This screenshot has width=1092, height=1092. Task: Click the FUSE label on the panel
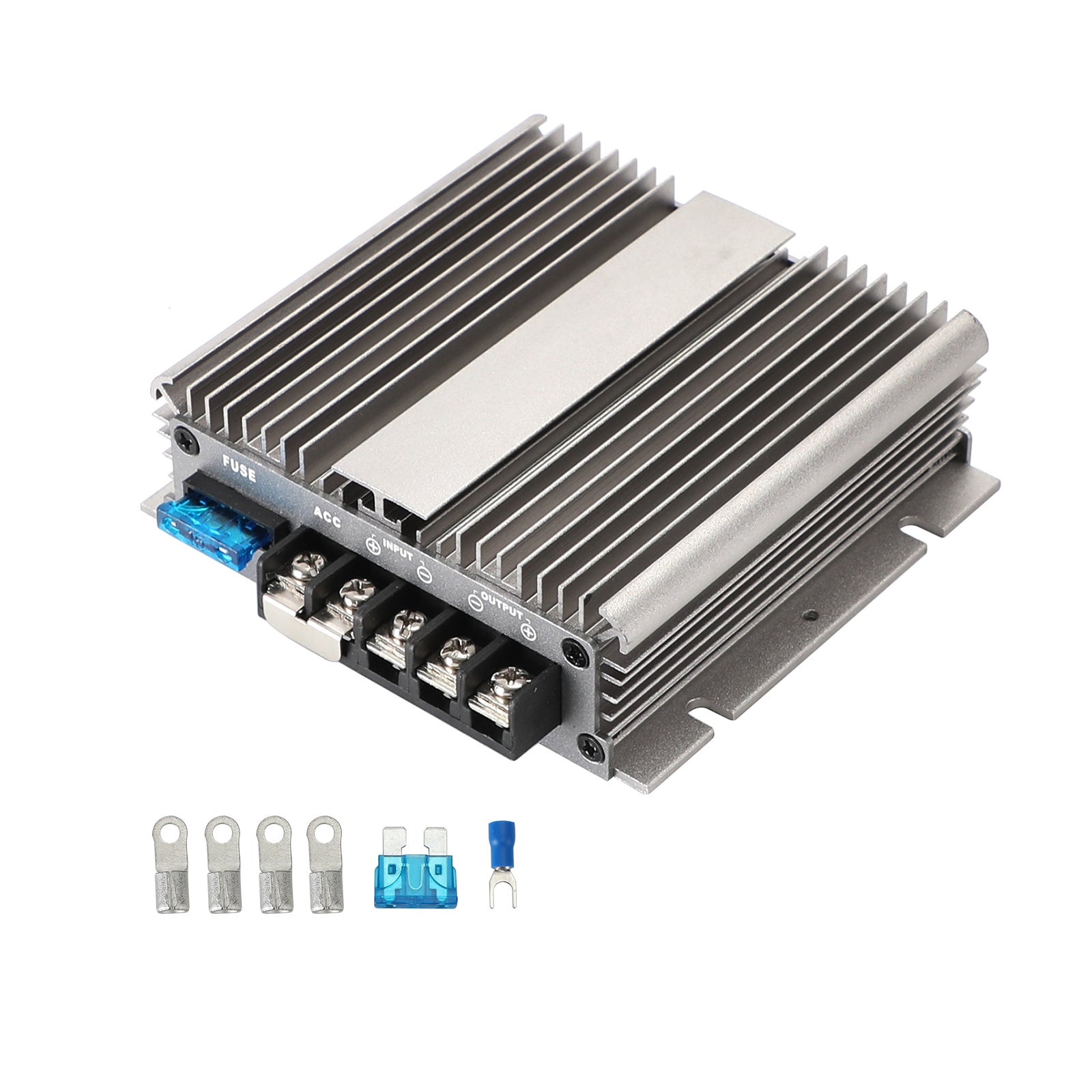click(239, 470)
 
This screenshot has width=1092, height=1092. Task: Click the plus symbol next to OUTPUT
click(529, 631)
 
